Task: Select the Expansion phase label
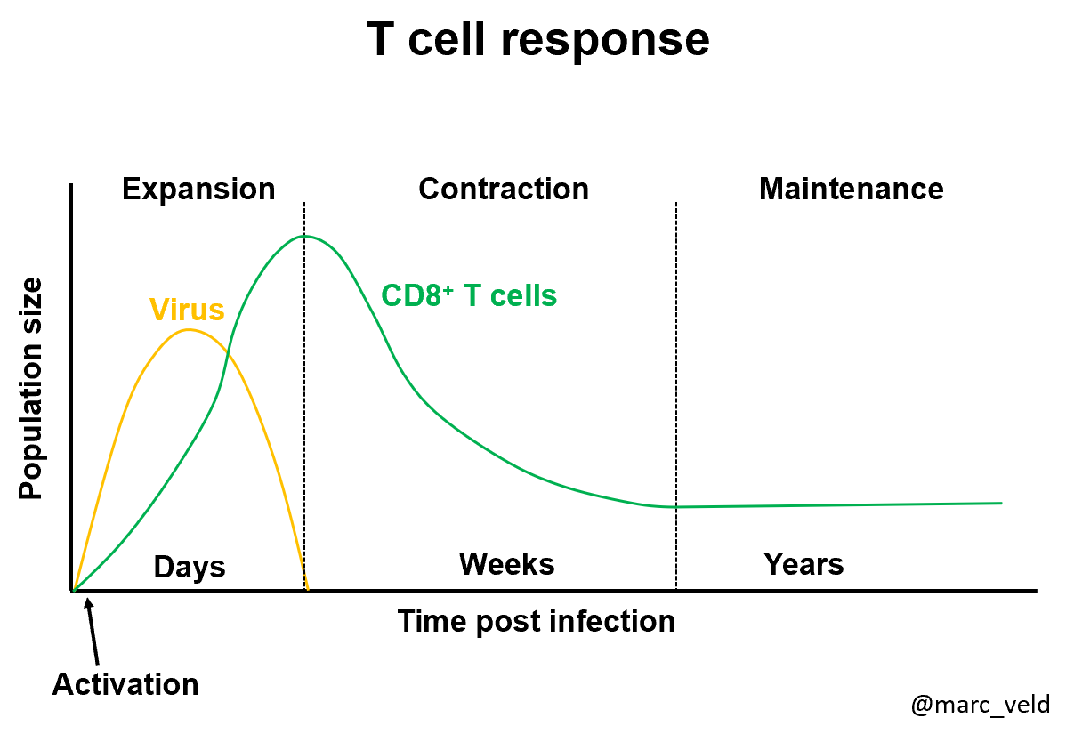point(198,190)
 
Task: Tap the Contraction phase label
point(504,190)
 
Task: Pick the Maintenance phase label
point(851,189)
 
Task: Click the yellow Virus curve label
point(187,310)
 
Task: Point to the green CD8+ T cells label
point(469,295)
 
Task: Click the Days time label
point(190,567)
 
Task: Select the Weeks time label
point(506,564)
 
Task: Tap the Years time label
point(803,564)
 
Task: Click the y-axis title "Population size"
point(31,389)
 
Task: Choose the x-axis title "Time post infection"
point(536,621)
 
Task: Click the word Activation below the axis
point(125,685)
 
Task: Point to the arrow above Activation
point(90,627)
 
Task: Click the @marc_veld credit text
point(981,705)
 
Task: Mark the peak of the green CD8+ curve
point(304,236)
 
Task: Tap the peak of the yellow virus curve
point(188,330)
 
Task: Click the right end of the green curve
point(1000,503)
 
